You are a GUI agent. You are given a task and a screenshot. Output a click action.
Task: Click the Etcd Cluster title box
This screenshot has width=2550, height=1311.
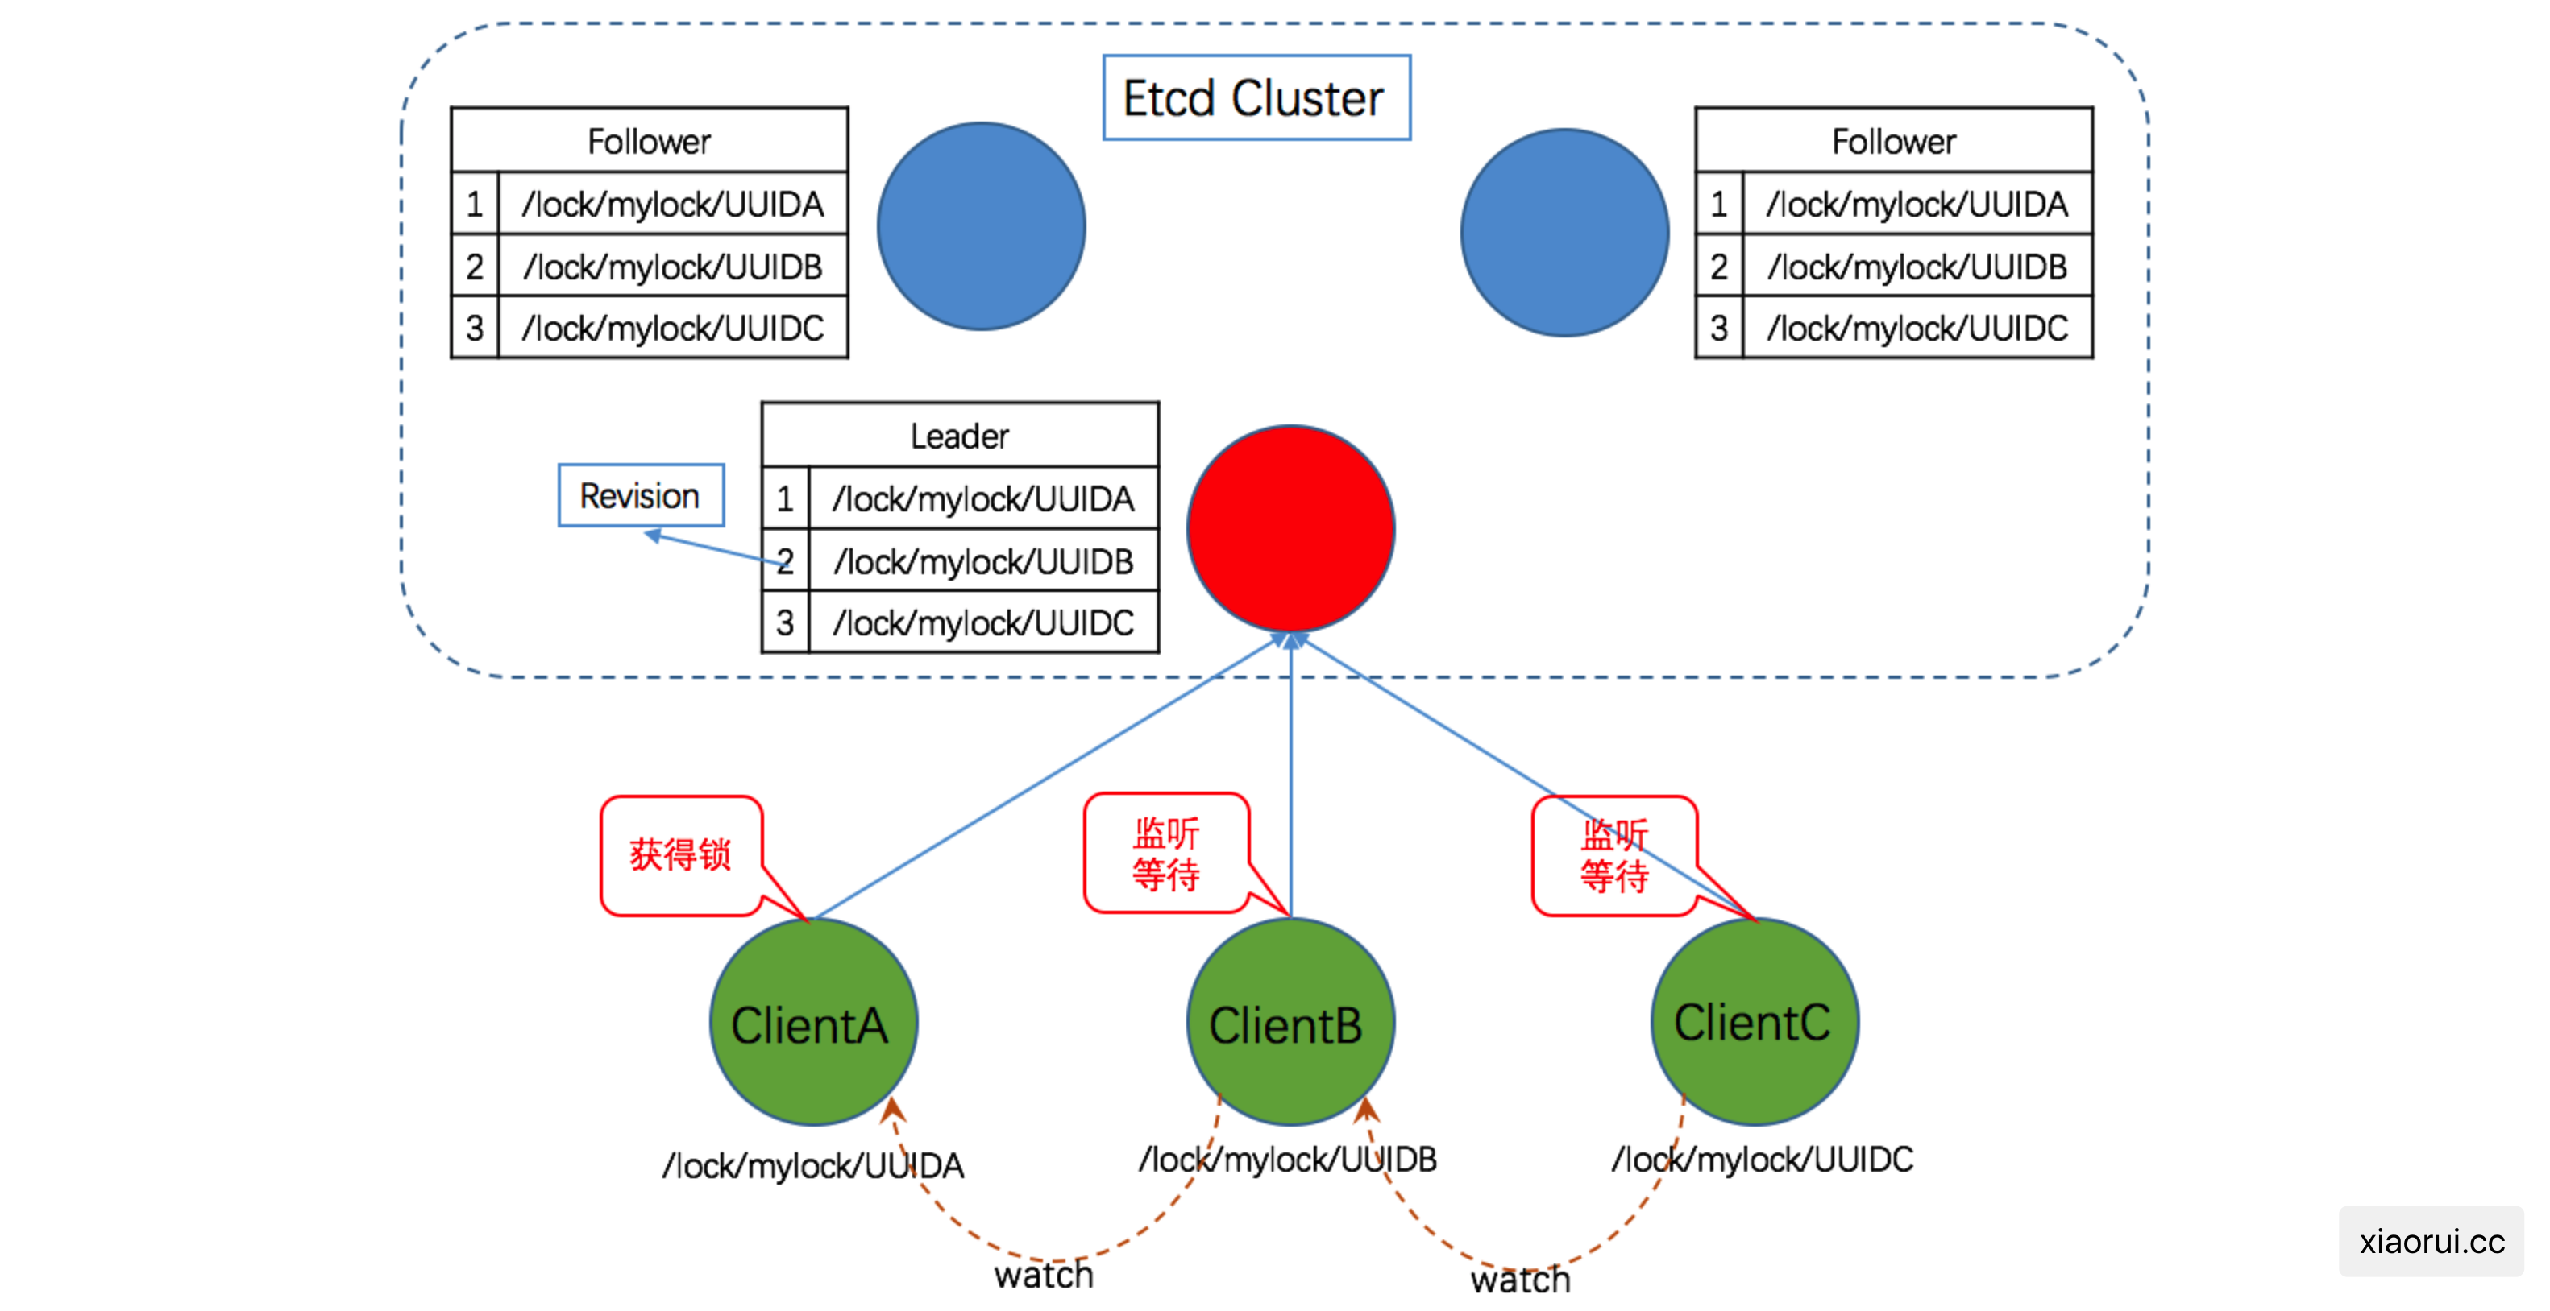pyautogui.click(x=1256, y=97)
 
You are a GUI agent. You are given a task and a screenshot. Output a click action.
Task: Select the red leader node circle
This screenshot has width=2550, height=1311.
pyautogui.click(x=1291, y=528)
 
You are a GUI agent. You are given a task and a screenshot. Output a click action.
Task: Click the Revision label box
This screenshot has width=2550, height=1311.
pyautogui.click(x=641, y=494)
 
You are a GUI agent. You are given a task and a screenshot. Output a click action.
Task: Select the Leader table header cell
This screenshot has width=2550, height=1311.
pyautogui.click(x=960, y=436)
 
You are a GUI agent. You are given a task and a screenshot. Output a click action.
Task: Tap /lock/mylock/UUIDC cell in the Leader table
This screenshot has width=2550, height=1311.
pyautogui.click(x=984, y=622)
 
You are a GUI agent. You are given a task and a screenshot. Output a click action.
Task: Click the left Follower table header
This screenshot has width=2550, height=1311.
pyautogui.click(x=650, y=140)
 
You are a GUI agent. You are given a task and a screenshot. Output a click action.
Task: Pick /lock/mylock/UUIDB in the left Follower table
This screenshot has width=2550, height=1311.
pyautogui.click(x=673, y=267)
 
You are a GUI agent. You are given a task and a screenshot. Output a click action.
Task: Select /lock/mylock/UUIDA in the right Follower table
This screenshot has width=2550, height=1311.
pyautogui.click(x=1917, y=204)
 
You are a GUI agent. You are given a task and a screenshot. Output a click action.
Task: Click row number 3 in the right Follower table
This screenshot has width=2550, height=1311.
pyautogui.click(x=1719, y=328)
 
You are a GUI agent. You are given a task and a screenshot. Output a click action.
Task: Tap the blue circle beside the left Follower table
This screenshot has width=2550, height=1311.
pyautogui.click(x=981, y=225)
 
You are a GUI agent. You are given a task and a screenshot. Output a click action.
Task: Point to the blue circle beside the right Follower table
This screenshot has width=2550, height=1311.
pyautogui.click(x=1565, y=232)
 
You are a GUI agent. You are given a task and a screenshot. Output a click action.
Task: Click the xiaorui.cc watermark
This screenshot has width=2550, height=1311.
pyautogui.click(x=2432, y=1241)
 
